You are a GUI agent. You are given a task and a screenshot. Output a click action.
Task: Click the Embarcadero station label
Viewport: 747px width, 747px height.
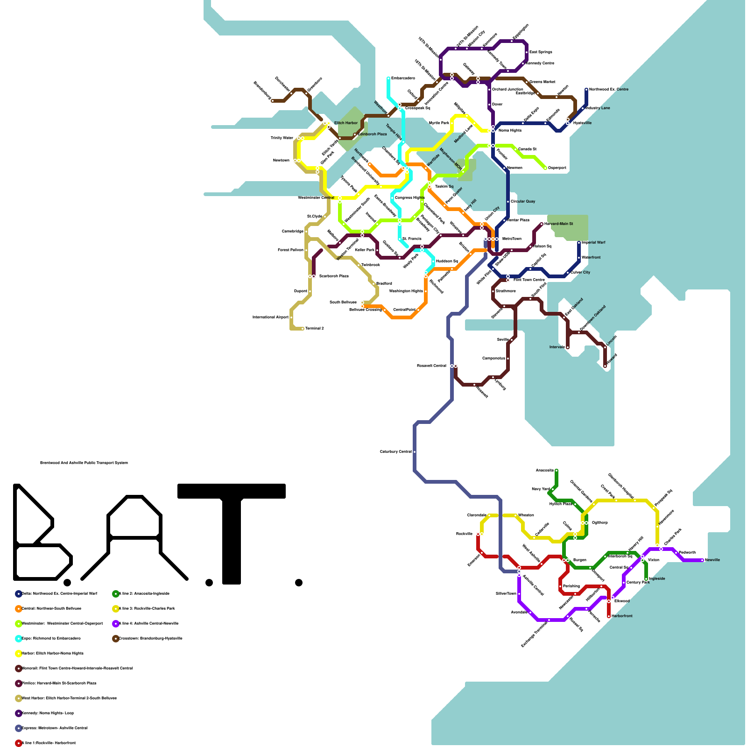402,78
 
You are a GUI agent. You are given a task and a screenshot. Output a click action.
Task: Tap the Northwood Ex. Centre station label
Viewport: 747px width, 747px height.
608,89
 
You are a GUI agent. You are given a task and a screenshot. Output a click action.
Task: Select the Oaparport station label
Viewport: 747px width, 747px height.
557,168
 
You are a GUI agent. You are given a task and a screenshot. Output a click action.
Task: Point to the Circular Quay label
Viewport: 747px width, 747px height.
523,201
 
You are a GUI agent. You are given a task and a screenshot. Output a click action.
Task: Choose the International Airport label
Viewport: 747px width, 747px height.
270,317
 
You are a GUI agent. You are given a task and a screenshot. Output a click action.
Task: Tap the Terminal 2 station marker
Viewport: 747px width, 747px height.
303,329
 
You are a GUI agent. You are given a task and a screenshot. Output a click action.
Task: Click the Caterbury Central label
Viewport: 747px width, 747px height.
396,451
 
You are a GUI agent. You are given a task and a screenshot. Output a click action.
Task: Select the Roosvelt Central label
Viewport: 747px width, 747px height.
431,366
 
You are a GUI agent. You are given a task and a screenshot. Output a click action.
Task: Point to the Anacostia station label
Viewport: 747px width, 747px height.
544,470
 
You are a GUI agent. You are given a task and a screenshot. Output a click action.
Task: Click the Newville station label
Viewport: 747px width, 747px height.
712,560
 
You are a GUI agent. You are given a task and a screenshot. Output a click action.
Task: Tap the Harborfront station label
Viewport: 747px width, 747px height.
622,616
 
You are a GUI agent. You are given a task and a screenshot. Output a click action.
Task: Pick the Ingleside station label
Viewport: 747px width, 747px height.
657,578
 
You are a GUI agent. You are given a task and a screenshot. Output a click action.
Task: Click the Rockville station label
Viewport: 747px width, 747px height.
465,534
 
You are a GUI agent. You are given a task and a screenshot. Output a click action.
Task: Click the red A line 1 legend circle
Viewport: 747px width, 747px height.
19,743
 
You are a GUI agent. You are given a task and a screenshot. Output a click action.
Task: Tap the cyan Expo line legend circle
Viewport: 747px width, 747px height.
19,638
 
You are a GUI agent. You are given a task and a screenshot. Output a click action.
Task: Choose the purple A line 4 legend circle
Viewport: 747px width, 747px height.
116,623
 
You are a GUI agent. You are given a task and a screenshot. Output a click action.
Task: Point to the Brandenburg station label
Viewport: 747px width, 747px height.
262,90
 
